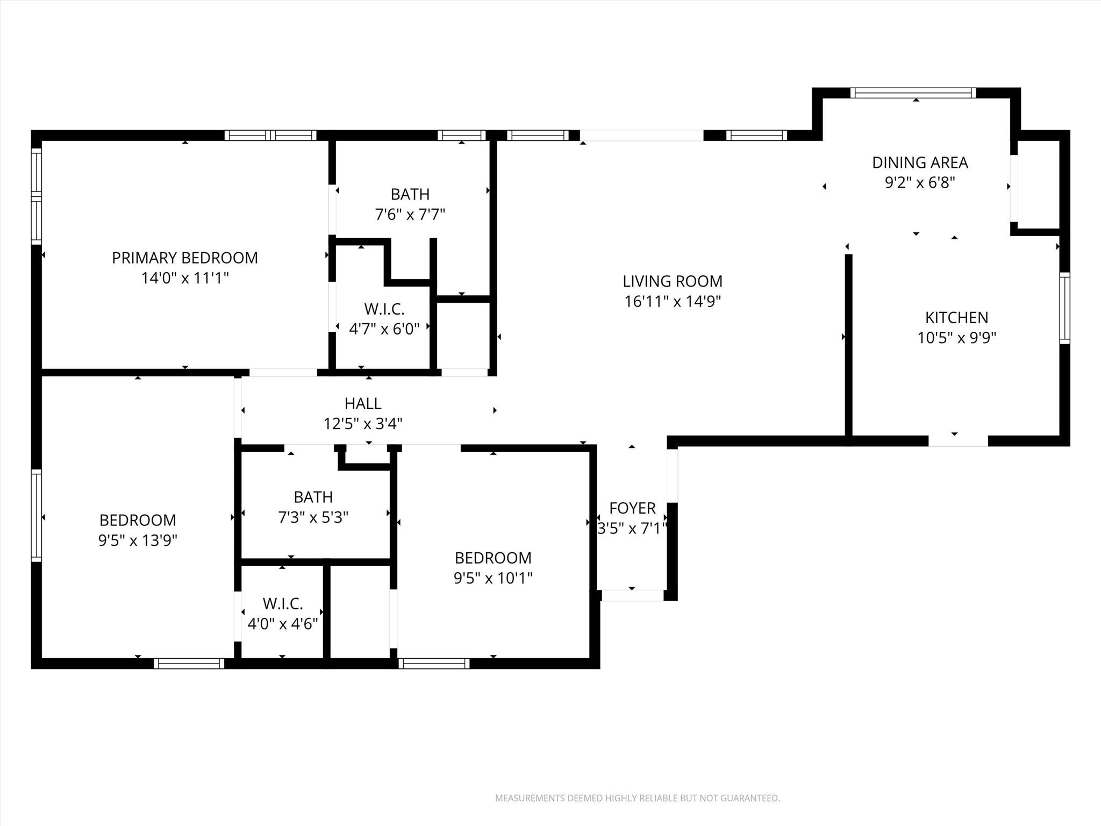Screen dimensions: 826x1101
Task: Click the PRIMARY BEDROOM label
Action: click(184, 258)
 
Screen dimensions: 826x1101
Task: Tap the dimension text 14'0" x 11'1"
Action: click(184, 279)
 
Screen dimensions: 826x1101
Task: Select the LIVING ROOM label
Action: click(672, 281)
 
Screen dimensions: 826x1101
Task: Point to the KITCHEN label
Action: click(956, 318)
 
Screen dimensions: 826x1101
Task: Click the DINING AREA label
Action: click(920, 162)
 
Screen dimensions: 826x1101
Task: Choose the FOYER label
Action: click(632, 508)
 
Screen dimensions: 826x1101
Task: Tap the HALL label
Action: click(363, 403)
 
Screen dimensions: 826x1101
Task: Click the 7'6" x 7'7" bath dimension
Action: click(410, 215)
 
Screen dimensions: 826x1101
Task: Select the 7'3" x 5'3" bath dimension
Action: click(313, 517)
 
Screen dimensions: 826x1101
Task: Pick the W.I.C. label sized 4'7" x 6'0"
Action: click(384, 309)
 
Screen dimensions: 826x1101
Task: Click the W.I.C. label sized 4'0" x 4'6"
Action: click(283, 604)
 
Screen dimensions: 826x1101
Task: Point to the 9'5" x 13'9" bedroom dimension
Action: click(138, 540)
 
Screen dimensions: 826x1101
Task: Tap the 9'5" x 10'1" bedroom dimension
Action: click(493, 578)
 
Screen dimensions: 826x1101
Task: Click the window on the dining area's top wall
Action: click(912, 93)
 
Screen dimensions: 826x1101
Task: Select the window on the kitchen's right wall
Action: click(1064, 308)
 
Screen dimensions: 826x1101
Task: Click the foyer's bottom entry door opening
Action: click(632, 595)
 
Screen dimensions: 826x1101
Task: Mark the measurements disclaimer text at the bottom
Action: click(637, 798)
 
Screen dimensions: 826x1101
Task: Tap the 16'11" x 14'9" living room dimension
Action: click(672, 302)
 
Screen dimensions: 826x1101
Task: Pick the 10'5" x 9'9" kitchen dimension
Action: click(956, 338)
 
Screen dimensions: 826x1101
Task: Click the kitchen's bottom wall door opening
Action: click(958, 441)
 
